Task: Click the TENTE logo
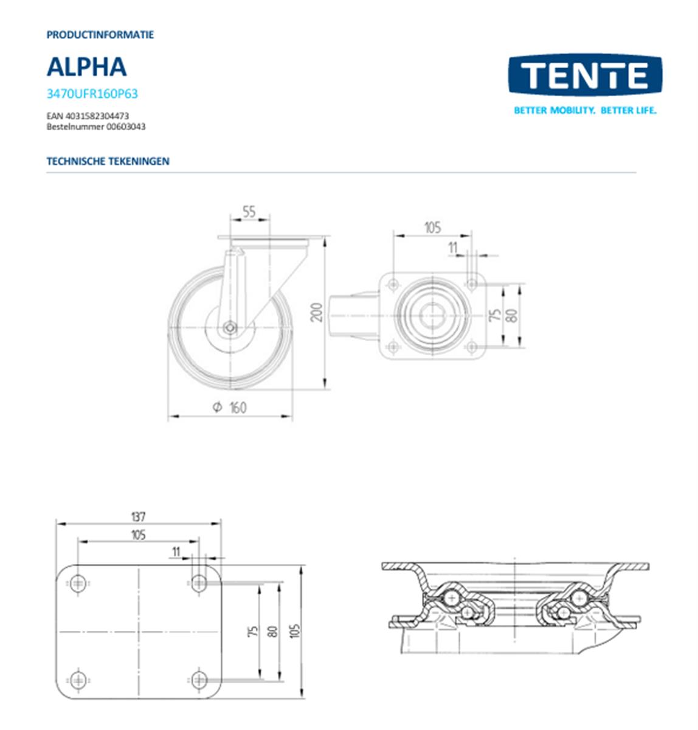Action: (x=584, y=75)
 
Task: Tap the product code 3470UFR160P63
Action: (x=92, y=94)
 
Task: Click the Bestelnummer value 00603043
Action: (x=126, y=127)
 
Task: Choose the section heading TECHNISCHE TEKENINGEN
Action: (x=108, y=161)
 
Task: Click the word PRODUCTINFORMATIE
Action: (x=100, y=35)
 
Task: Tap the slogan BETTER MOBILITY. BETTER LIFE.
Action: (x=585, y=111)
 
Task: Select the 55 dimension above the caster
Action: (x=249, y=211)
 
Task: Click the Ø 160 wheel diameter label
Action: (x=230, y=407)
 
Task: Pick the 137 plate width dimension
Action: (x=138, y=517)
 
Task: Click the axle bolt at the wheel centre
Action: (x=230, y=327)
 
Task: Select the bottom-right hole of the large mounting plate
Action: (x=199, y=679)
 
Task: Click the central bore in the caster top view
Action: (x=432, y=315)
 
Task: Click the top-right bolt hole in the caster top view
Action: (x=471, y=283)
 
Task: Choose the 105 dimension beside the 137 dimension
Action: (x=138, y=535)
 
